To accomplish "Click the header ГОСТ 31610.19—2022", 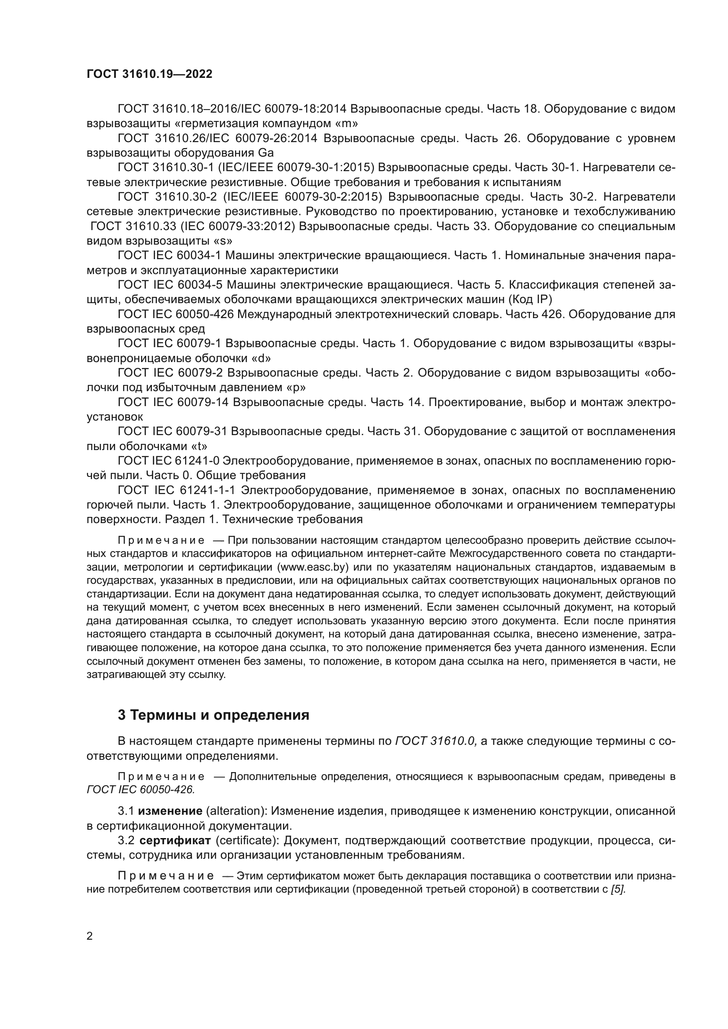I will (149, 74).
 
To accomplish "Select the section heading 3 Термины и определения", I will (213, 714).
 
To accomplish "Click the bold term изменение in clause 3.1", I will (170, 811).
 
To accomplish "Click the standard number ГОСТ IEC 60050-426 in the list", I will (175, 315).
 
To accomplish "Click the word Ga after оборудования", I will (266, 152).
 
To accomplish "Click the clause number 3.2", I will (126, 840).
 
